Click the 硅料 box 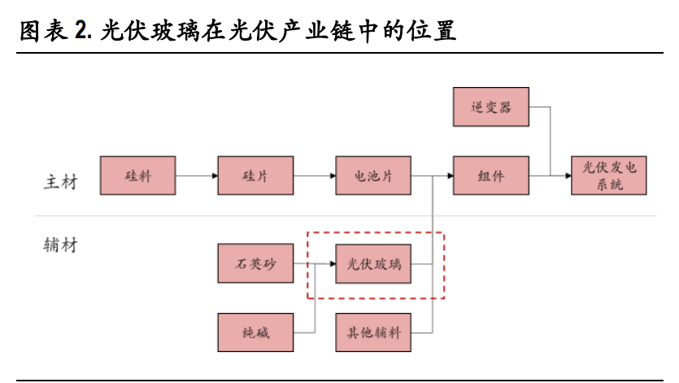coord(138,175)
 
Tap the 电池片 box coord(374,175)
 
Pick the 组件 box coord(491,175)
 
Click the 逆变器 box coord(491,107)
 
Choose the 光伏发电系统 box coord(609,175)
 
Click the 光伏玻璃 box coord(374,264)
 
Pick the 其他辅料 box coord(374,333)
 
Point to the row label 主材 coord(60,181)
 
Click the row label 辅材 coord(60,245)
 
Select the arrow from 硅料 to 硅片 coord(196,175)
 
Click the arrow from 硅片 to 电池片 coord(314,175)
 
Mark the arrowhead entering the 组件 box coord(448,175)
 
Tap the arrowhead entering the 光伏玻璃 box coord(331,264)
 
